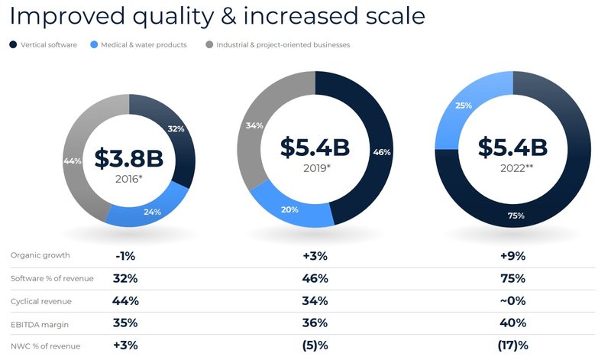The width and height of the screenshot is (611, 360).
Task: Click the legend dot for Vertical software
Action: pos(13,45)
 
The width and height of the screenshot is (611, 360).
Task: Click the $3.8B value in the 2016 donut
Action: pos(128,158)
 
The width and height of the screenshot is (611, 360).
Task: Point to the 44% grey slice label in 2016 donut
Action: pos(73,161)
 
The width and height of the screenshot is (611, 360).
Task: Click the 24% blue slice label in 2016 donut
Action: pos(151,212)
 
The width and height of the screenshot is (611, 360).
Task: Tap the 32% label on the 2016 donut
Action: pos(176,129)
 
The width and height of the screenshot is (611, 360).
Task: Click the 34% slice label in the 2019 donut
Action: pos(255,125)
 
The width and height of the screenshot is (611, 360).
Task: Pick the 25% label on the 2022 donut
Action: pos(463,105)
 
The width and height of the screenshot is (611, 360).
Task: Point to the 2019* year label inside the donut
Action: pos(316,167)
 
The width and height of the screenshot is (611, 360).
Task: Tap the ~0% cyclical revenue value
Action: pos(512,302)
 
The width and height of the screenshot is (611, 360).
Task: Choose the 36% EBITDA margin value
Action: pos(315,324)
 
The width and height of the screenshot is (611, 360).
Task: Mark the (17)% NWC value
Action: pos(512,346)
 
